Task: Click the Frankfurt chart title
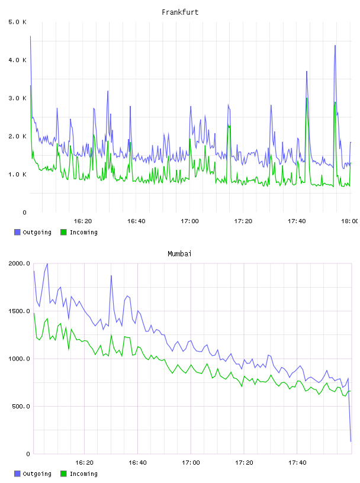(x=180, y=12)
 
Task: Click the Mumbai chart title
(x=179, y=254)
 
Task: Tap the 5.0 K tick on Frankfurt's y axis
(x=17, y=22)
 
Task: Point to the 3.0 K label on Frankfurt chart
(x=17, y=98)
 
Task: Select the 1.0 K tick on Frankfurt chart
(x=17, y=175)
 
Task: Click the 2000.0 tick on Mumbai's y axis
(x=19, y=263)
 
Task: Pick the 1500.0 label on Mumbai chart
(x=19, y=311)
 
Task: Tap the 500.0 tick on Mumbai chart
(x=21, y=406)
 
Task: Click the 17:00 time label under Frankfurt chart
(x=189, y=221)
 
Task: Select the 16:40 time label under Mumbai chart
(x=137, y=463)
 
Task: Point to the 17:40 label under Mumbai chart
(x=297, y=463)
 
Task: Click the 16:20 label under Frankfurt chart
(x=83, y=221)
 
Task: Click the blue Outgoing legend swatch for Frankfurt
(x=17, y=232)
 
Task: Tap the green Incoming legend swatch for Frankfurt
(x=63, y=232)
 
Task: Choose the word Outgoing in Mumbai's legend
(x=37, y=474)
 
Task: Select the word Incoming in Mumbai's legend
(x=83, y=474)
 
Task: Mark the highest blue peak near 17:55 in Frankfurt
(x=335, y=46)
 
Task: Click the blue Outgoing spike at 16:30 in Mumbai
(x=111, y=276)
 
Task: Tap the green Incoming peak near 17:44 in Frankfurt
(x=307, y=98)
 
